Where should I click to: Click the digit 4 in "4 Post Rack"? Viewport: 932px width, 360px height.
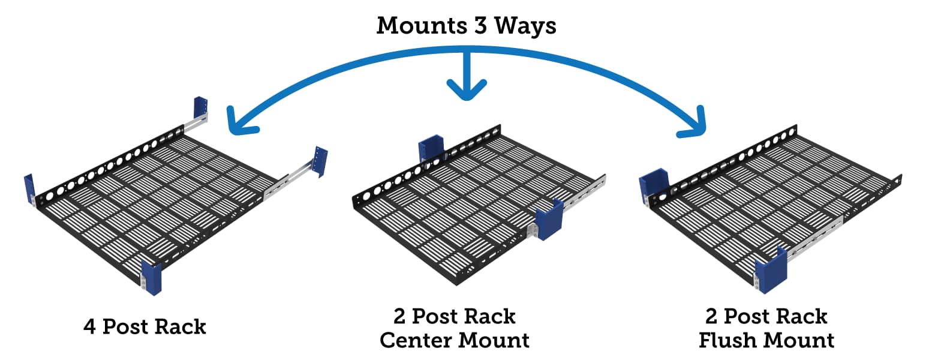[90, 327]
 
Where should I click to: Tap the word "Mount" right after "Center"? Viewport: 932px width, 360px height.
[494, 340]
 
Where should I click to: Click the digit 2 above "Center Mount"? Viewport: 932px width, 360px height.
[400, 316]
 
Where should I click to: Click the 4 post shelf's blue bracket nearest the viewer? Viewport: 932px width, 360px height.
[151, 278]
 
